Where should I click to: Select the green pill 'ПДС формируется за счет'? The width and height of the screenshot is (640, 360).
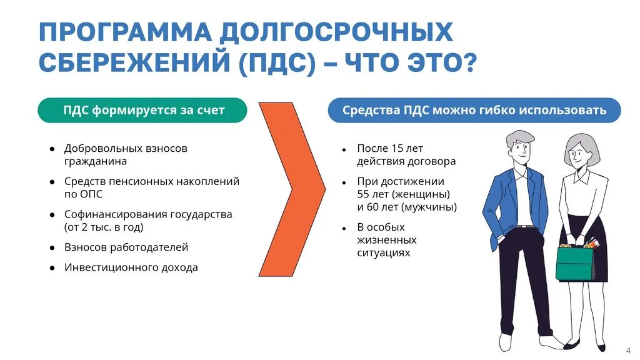[143, 111]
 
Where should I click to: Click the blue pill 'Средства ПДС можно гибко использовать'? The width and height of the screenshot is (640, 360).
[474, 111]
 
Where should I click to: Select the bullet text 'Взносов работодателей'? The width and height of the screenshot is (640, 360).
[126, 247]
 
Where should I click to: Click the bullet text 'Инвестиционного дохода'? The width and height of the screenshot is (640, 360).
[131, 267]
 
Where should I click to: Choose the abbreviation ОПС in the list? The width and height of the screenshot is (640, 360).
[90, 194]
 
